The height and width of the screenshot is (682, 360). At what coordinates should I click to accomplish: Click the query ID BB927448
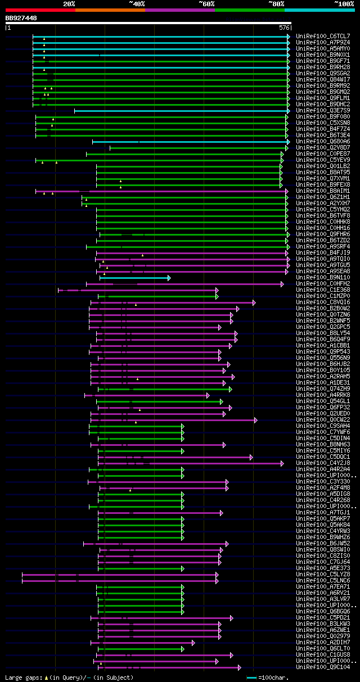21,18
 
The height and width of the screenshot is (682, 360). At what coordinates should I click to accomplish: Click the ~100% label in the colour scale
344,3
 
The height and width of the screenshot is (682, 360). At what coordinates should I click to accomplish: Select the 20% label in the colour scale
69,3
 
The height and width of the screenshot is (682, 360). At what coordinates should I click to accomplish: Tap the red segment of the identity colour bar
40,10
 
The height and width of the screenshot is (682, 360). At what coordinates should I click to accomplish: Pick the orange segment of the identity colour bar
110,10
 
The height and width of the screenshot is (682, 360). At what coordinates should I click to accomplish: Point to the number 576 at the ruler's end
284,27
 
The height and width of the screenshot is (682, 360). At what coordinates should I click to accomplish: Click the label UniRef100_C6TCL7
323,36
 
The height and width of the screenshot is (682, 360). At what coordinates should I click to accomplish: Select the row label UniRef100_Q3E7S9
323,111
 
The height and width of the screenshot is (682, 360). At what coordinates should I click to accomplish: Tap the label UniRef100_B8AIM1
323,191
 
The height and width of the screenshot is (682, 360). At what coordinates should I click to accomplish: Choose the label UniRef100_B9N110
323,278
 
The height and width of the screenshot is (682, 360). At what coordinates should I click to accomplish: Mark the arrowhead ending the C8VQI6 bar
254,302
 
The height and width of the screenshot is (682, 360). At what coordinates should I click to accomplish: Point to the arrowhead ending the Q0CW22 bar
256,420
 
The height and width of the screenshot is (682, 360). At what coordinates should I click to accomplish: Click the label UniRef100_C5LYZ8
323,574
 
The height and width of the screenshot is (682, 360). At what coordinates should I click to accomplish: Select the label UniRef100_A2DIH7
323,642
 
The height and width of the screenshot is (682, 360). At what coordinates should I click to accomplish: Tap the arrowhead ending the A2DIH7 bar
193,642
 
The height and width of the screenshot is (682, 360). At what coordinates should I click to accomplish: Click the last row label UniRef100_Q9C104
323,667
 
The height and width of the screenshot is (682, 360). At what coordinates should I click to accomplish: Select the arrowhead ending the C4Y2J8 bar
282,463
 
